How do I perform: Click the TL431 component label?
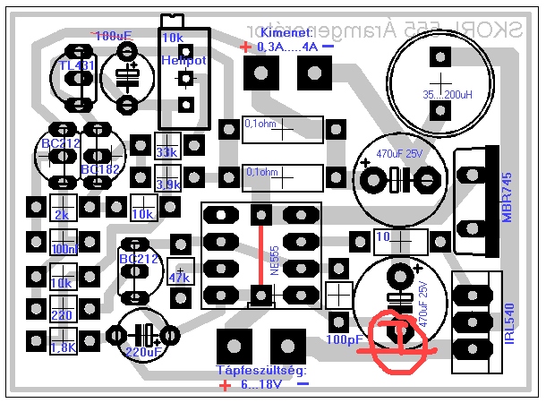75,66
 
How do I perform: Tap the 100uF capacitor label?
112,36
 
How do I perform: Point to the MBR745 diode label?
508,200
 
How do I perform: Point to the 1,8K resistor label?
63,348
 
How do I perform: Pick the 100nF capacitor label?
64,249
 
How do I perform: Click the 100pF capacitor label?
344,341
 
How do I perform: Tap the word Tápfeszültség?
262,370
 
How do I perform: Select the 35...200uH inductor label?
436,93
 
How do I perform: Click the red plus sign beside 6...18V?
224,386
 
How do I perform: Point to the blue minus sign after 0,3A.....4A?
328,46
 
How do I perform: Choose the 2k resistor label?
62,216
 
